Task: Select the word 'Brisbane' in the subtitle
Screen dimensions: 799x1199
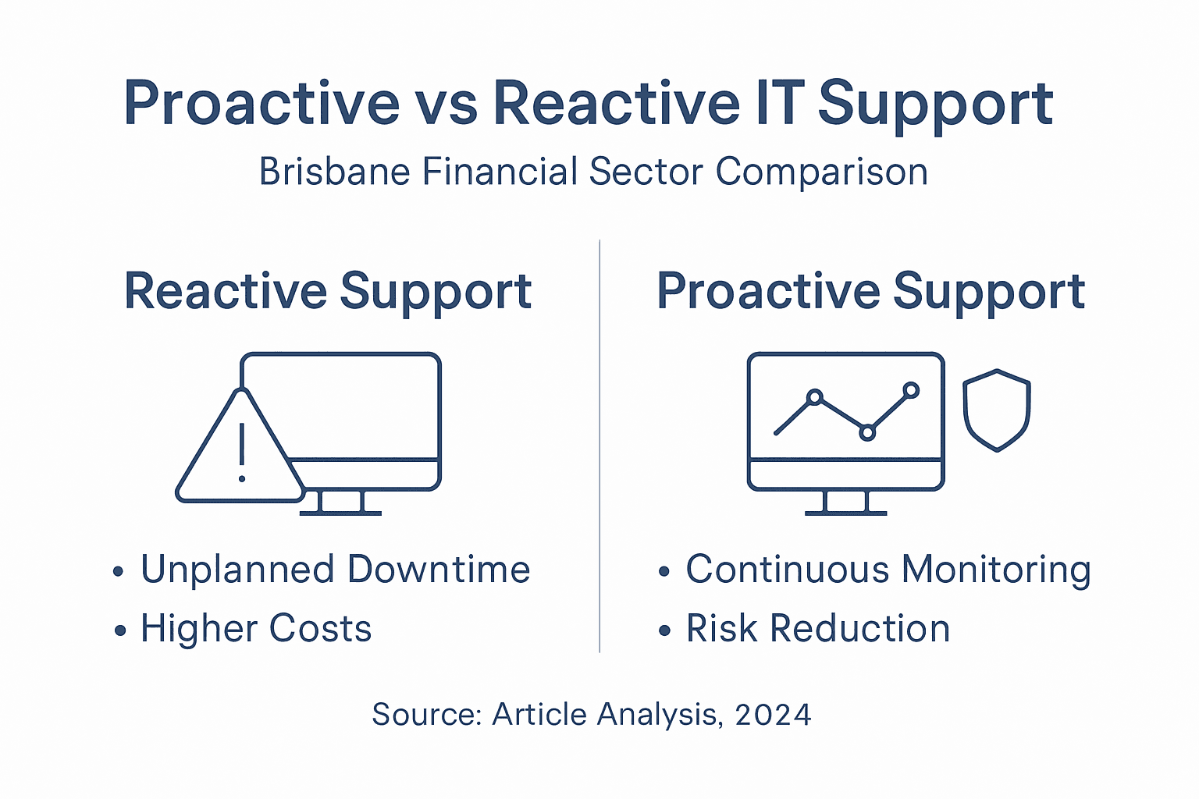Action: coord(336,172)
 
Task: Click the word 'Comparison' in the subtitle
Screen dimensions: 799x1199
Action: coord(822,172)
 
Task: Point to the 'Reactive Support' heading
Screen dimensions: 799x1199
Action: coord(328,292)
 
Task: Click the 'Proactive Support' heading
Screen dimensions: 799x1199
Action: coord(870,292)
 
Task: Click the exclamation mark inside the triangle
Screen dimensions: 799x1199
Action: coord(242,453)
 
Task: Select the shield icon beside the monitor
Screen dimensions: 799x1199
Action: coord(997,410)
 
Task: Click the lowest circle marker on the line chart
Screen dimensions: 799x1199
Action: coord(867,432)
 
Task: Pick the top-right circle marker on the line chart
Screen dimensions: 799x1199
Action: coord(911,389)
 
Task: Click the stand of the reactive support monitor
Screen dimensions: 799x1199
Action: coord(341,502)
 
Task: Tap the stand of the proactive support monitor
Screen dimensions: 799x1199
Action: coord(846,502)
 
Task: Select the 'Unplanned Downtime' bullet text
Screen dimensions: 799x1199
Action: coord(335,570)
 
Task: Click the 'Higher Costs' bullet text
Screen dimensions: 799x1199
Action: coord(255,629)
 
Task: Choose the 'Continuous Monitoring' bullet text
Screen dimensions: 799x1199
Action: coord(888,570)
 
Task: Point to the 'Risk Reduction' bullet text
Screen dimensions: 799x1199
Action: coord(817,629)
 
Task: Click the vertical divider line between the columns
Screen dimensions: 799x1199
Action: coord(599,445)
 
